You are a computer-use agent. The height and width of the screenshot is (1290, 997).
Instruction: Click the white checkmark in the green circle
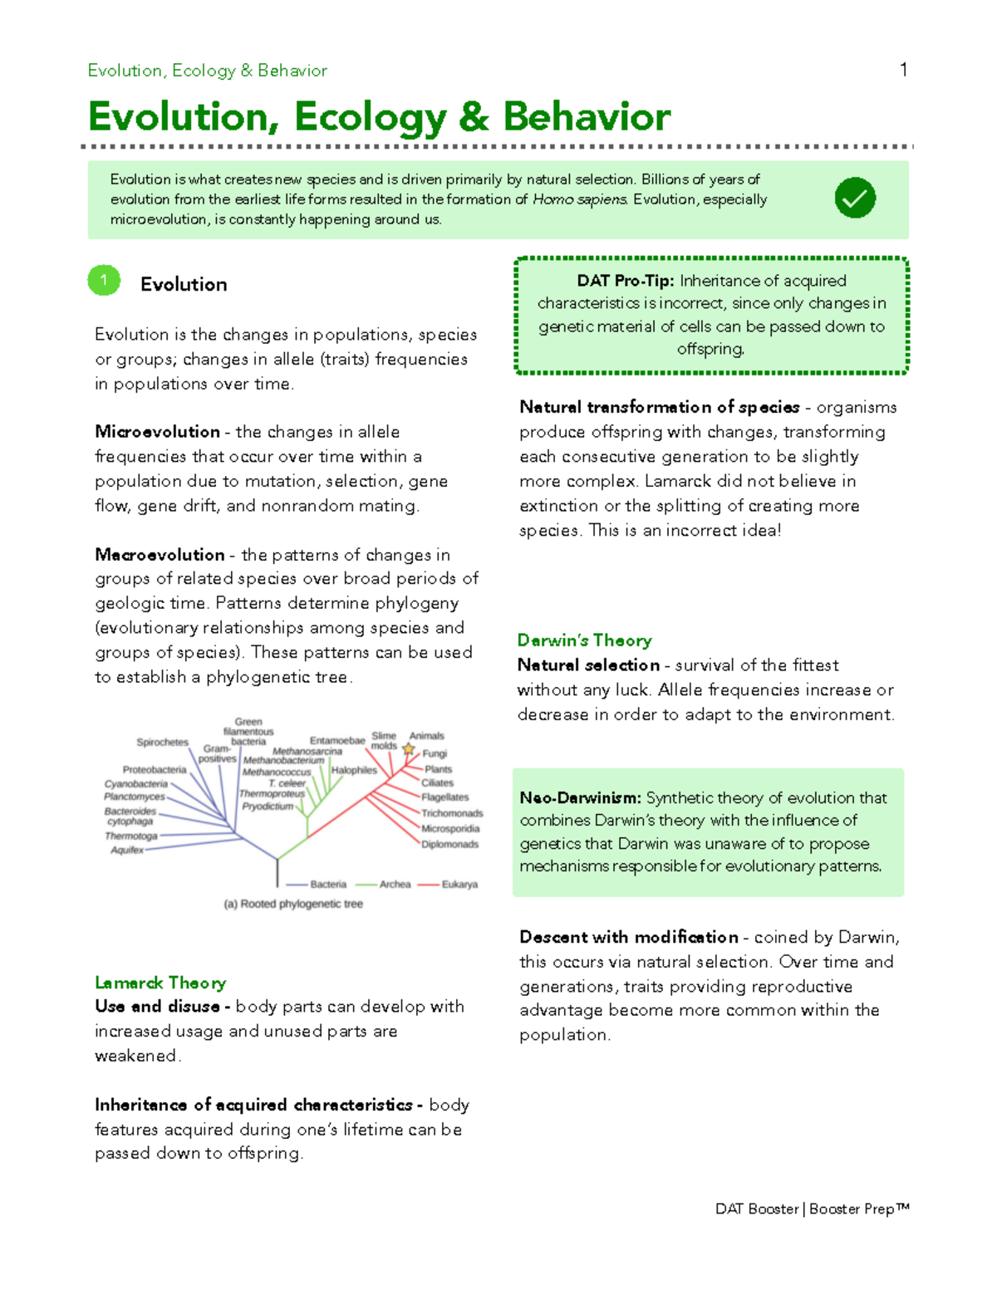(855, 198)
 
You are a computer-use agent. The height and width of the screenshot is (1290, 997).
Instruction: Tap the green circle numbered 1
(104, 281)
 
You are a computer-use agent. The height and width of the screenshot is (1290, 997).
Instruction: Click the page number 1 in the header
(903, 70)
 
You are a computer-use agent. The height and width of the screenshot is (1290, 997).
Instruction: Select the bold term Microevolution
(157, 432)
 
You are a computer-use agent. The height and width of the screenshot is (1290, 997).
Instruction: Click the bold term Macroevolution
(160, 555)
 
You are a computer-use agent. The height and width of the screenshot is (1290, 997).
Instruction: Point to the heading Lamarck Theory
(160, 983)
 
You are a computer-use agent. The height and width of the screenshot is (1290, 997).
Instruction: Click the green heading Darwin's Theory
(584, 640)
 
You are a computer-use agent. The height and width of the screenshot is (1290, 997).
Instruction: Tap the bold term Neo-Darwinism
(580, 798)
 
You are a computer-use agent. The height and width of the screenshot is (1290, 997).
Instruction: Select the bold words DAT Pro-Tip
(625, 281)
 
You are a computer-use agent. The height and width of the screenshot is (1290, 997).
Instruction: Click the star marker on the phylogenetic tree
(408, 749)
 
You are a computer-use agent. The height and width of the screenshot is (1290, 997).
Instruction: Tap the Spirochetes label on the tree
(162, 743)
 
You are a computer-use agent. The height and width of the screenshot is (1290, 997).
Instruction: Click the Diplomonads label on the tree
(449, 845)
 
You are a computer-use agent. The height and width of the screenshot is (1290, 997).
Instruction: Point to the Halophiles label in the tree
(354, 770)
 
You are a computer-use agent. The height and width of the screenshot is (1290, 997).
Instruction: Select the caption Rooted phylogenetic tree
(293, 904)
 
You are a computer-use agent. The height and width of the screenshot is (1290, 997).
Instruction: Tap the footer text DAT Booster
(756, 1209)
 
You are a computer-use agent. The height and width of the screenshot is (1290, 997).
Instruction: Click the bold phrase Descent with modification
(628, 938)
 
